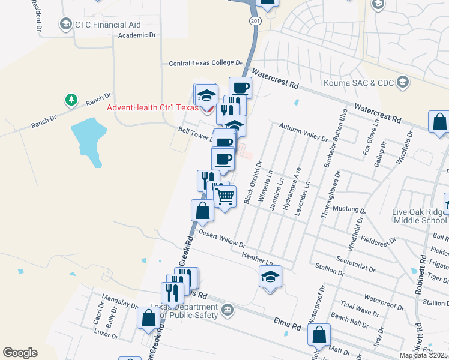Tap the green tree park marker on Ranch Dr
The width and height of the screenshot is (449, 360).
71,100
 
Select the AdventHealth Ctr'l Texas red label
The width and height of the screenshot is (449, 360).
152,108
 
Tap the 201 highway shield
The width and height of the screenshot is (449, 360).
256,21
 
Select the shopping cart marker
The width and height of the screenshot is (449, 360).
225,196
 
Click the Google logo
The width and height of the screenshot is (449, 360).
20,353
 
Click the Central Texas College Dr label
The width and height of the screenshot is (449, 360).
205,62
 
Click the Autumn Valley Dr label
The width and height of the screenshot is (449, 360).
304,131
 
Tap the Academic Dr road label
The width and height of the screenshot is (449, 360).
137,35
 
